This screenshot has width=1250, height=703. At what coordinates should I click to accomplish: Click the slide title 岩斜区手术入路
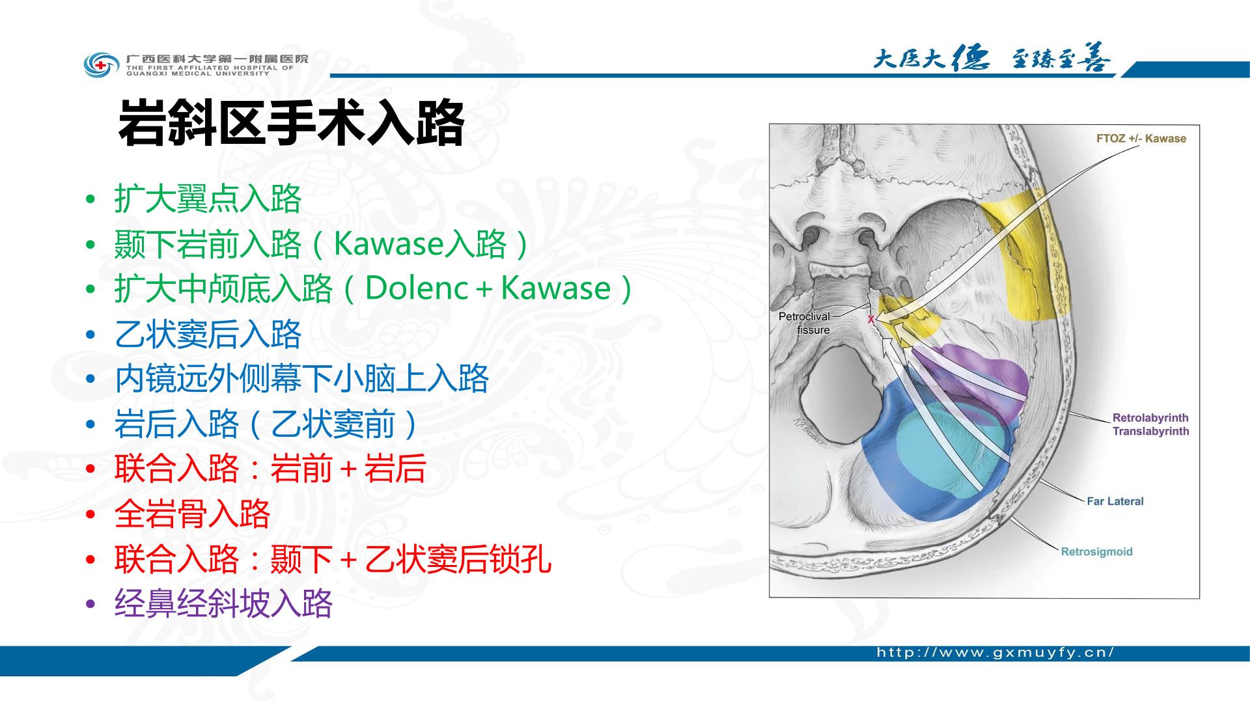(x=291, y=123)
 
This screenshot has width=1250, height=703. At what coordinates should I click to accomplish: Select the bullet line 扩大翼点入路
(x=208, y=199)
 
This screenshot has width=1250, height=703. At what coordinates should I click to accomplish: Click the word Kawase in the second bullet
(x=389, y=243)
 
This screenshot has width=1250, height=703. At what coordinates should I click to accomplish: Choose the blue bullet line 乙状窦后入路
(x=208, y=334)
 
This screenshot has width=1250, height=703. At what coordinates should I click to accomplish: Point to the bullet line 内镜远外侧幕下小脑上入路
(x=301, y=379)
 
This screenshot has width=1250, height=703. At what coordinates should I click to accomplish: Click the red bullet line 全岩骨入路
(x=192, y=514)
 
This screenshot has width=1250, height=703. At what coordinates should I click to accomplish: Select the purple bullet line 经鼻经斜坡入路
(x=223, y=603)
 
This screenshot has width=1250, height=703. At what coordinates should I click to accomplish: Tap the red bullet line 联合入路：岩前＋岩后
(x=270, y=469)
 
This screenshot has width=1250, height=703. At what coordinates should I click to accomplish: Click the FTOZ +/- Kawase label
(x=1141, y=139)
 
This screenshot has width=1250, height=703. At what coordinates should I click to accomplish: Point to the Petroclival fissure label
(x=805, y=323)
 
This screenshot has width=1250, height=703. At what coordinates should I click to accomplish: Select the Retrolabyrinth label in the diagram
(x=1150, y=418)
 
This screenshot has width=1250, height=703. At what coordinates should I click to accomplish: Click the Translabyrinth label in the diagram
(x=1150, y=431)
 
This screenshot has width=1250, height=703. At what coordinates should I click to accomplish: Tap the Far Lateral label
(x=1115, y=501)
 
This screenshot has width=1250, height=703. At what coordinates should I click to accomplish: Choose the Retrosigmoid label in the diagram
(x=1097, y=552)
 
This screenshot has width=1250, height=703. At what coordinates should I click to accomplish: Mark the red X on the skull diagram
(x=870, y=320)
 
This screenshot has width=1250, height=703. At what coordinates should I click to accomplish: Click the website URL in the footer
(x=995, y=653)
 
